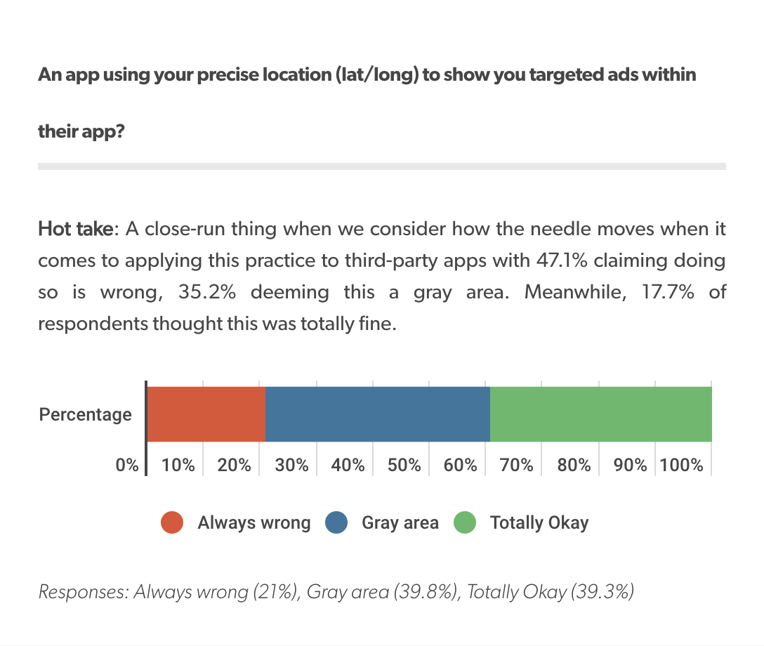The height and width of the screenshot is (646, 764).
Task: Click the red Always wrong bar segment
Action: [x=206, y=414]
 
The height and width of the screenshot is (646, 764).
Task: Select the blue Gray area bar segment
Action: [x=377, y=414]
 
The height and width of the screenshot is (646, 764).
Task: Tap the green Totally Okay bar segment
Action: [x=600, y=414]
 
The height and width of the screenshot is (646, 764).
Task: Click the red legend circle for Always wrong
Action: [x=172, y=522]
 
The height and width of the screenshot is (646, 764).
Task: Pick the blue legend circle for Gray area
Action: [x=337, y=522]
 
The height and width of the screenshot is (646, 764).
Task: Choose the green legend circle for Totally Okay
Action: [x=465, y=522]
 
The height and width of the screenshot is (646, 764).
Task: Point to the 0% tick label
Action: [x=128, y=465]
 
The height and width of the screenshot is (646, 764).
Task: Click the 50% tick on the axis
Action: [x=404, y=465]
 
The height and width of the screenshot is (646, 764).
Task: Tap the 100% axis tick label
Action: [x=681, y=465]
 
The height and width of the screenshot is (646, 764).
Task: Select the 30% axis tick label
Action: [x=291, y=465]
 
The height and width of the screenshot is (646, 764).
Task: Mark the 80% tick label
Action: [x=574, y=465]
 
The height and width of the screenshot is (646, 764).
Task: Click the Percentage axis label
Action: [x=85, y=414]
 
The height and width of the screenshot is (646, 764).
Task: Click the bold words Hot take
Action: [x=74, y=229]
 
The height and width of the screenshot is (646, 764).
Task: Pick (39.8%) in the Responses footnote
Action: [x=426, y=592]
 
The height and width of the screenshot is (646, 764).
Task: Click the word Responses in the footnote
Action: [x=83, y=592]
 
